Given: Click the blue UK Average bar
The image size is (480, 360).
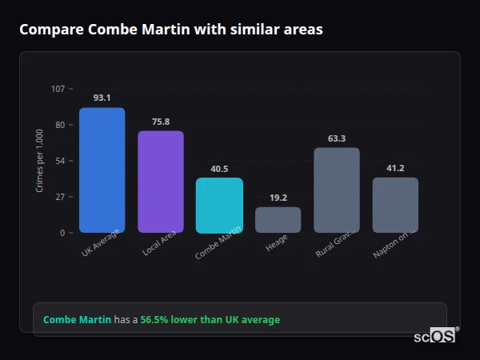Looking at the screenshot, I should pos(102,170).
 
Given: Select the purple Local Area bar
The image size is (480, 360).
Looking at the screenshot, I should pos(160,182).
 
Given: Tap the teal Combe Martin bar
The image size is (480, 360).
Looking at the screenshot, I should pos(219,205).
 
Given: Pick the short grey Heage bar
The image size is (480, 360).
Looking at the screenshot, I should pos(278,220).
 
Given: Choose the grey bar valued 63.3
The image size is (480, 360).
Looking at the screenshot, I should pos(337,190).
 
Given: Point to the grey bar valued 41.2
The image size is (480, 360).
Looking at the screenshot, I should pos(395,205).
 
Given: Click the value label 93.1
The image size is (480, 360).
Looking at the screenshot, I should pos(102,98).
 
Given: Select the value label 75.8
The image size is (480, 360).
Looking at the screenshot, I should pos(160,122).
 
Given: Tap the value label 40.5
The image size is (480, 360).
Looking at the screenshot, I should pos(219,169).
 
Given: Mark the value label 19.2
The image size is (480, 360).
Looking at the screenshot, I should pos(278,198).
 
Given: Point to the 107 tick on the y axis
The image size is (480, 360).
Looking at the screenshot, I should pos(58,88).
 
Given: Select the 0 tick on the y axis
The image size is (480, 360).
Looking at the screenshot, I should pos(62,233).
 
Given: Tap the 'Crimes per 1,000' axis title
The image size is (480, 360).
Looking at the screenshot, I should pos(40,161).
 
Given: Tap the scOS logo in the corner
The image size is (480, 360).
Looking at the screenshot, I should pos(435,336).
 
